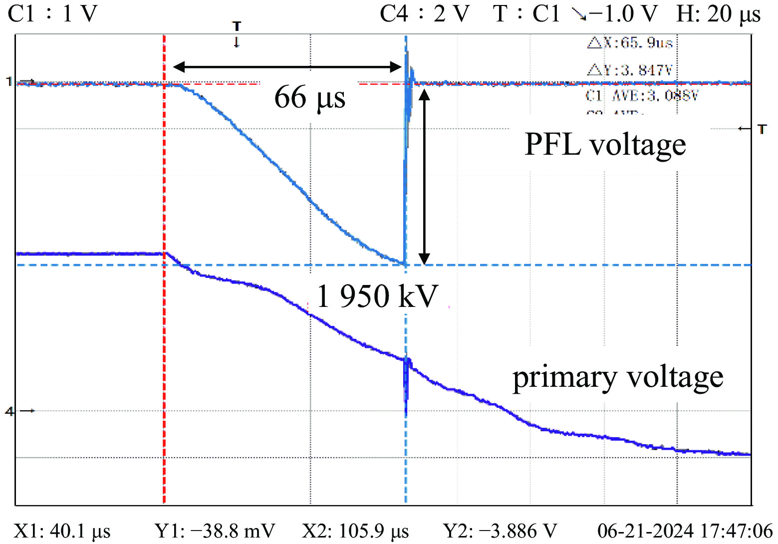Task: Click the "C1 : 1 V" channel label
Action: (52, 14)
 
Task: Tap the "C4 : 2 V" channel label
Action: (425, 14)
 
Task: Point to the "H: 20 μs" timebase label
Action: (718, 14)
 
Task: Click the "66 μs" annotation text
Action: (310, 97)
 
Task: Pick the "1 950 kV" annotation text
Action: (377, 296)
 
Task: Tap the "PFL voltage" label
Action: (605, 145)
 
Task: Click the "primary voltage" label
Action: (618, 377)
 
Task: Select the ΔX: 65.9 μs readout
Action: (630, 43)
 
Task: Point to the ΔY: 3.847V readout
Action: (630, 70)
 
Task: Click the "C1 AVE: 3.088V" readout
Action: (641, 95)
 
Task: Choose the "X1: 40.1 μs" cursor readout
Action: (62, 531)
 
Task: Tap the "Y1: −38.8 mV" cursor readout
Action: (215, 531)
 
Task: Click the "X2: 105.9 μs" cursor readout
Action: (355, 531)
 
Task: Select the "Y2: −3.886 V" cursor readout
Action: (500, 531)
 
